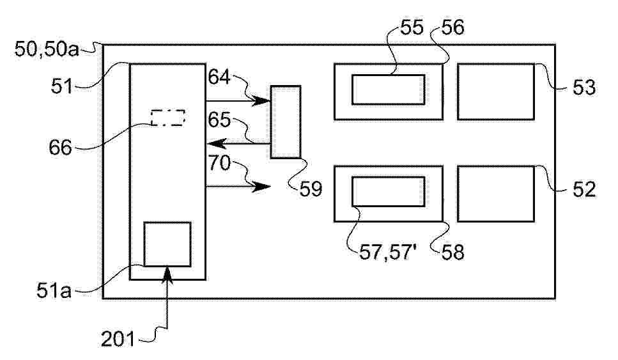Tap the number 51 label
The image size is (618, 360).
(x=62, y=86)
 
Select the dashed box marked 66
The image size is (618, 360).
(x=168, y=118)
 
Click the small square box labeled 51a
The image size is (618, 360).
(x=167, y=244)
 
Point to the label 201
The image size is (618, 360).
(x=118, y=339)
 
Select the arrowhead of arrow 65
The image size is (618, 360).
(x=216, y=143)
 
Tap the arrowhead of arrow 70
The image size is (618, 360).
(x=261, y=187)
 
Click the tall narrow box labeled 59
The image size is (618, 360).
(x=286, y=122)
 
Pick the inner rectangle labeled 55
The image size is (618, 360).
(x=388, y=90)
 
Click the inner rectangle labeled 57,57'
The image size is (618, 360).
(x=388, y=192)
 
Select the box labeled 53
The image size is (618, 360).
(x=496, y=91)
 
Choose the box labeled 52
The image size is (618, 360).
(x=496, y=194)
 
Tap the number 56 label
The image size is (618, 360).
(x=453, y=27)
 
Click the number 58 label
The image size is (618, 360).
(x=453, y=252)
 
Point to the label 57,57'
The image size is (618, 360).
(x=388, y=252)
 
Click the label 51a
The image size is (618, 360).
(x=54, y=291)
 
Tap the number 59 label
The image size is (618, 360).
(x=311, y=189)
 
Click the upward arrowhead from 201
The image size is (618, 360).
(x=167, y=274)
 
